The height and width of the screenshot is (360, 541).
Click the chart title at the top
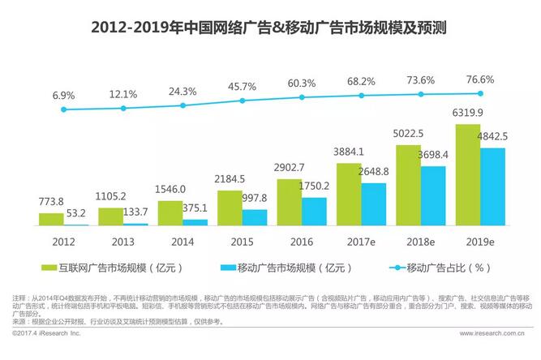(270, 27)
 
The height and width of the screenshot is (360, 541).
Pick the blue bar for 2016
(314, 211)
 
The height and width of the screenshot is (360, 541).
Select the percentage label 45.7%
(242, 86)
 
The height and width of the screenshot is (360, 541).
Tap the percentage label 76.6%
(480, 79)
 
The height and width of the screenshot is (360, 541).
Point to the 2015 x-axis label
(242, 240)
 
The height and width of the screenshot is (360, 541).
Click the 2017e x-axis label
(361, 240)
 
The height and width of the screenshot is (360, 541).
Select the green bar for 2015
(230, 207)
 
